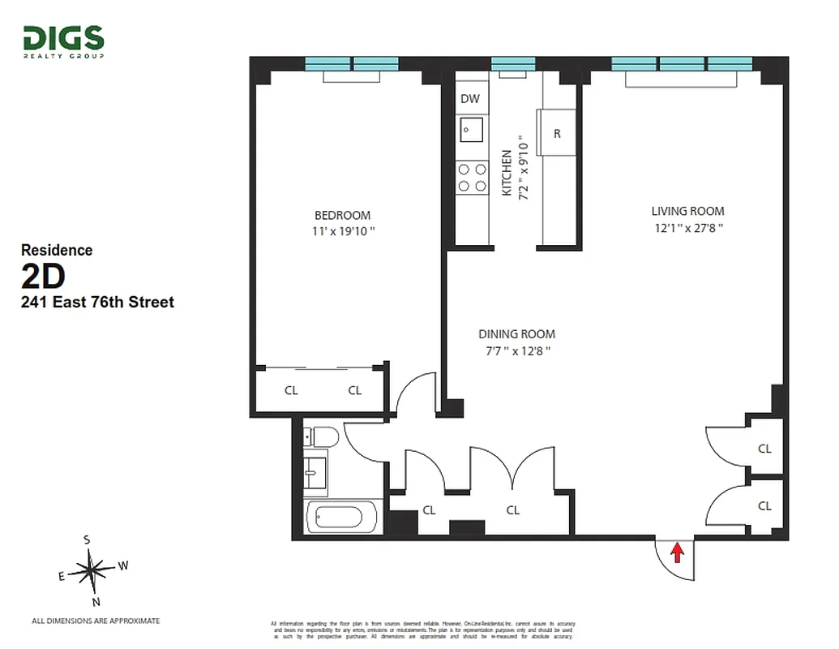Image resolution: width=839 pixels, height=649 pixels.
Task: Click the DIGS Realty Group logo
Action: coord(63,41)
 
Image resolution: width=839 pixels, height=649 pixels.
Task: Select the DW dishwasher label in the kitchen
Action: coord(470,99)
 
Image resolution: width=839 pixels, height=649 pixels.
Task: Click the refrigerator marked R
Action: coord(557,134)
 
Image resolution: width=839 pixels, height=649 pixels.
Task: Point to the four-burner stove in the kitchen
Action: coord(472,178)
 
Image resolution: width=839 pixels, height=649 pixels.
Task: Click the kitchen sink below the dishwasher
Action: coord(471,130)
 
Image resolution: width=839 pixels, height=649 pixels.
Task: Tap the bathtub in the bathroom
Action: coord(340,518)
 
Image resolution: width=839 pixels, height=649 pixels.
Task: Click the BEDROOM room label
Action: coord(342,215)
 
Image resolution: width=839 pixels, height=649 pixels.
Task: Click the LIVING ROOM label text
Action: coord(687,212)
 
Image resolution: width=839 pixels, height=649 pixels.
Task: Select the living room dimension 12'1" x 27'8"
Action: coord(687,228)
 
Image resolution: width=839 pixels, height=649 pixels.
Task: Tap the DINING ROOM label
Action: coord(516,334)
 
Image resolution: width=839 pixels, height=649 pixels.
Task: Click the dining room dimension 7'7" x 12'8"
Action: coord(516,350)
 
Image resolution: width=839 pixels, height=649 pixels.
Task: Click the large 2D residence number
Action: coord(43,277)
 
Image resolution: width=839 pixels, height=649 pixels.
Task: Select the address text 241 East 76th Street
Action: coord(97,303)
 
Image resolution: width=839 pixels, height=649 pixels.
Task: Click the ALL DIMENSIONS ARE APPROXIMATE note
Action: coord(96,621)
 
